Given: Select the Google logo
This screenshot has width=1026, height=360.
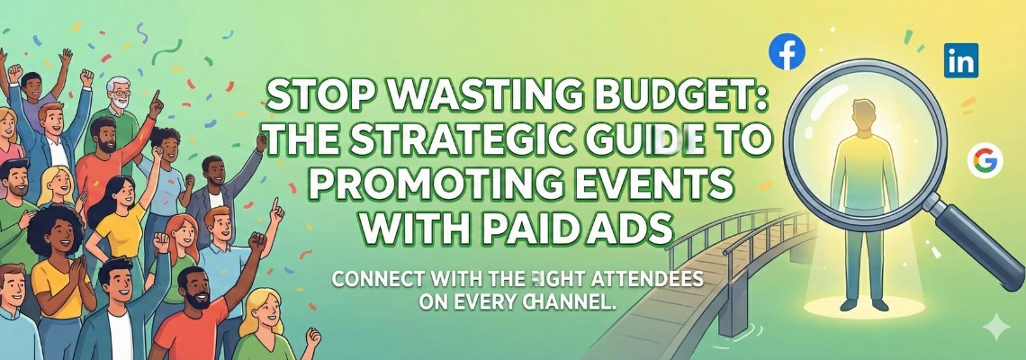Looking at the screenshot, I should pyautogui.click(x=985, y=160).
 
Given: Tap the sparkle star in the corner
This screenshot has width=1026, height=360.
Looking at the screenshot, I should pyautogui.click(x=995, y=328).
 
